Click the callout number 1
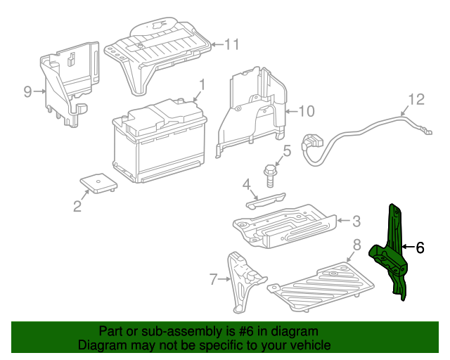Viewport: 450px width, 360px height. click(202, 84)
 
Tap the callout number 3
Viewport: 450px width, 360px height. click(356, 221)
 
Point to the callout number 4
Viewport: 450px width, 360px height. click(247, 184)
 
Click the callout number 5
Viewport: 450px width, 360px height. click(287, 150)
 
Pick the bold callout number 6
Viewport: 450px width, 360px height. click(420, 247)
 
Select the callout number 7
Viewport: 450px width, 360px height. click(214, 280)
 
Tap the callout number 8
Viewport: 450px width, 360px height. click(356, 245)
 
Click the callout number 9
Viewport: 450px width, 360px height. click(27, 91)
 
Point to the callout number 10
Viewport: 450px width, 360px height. click(307, 110)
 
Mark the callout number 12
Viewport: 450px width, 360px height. click(416, 99)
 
